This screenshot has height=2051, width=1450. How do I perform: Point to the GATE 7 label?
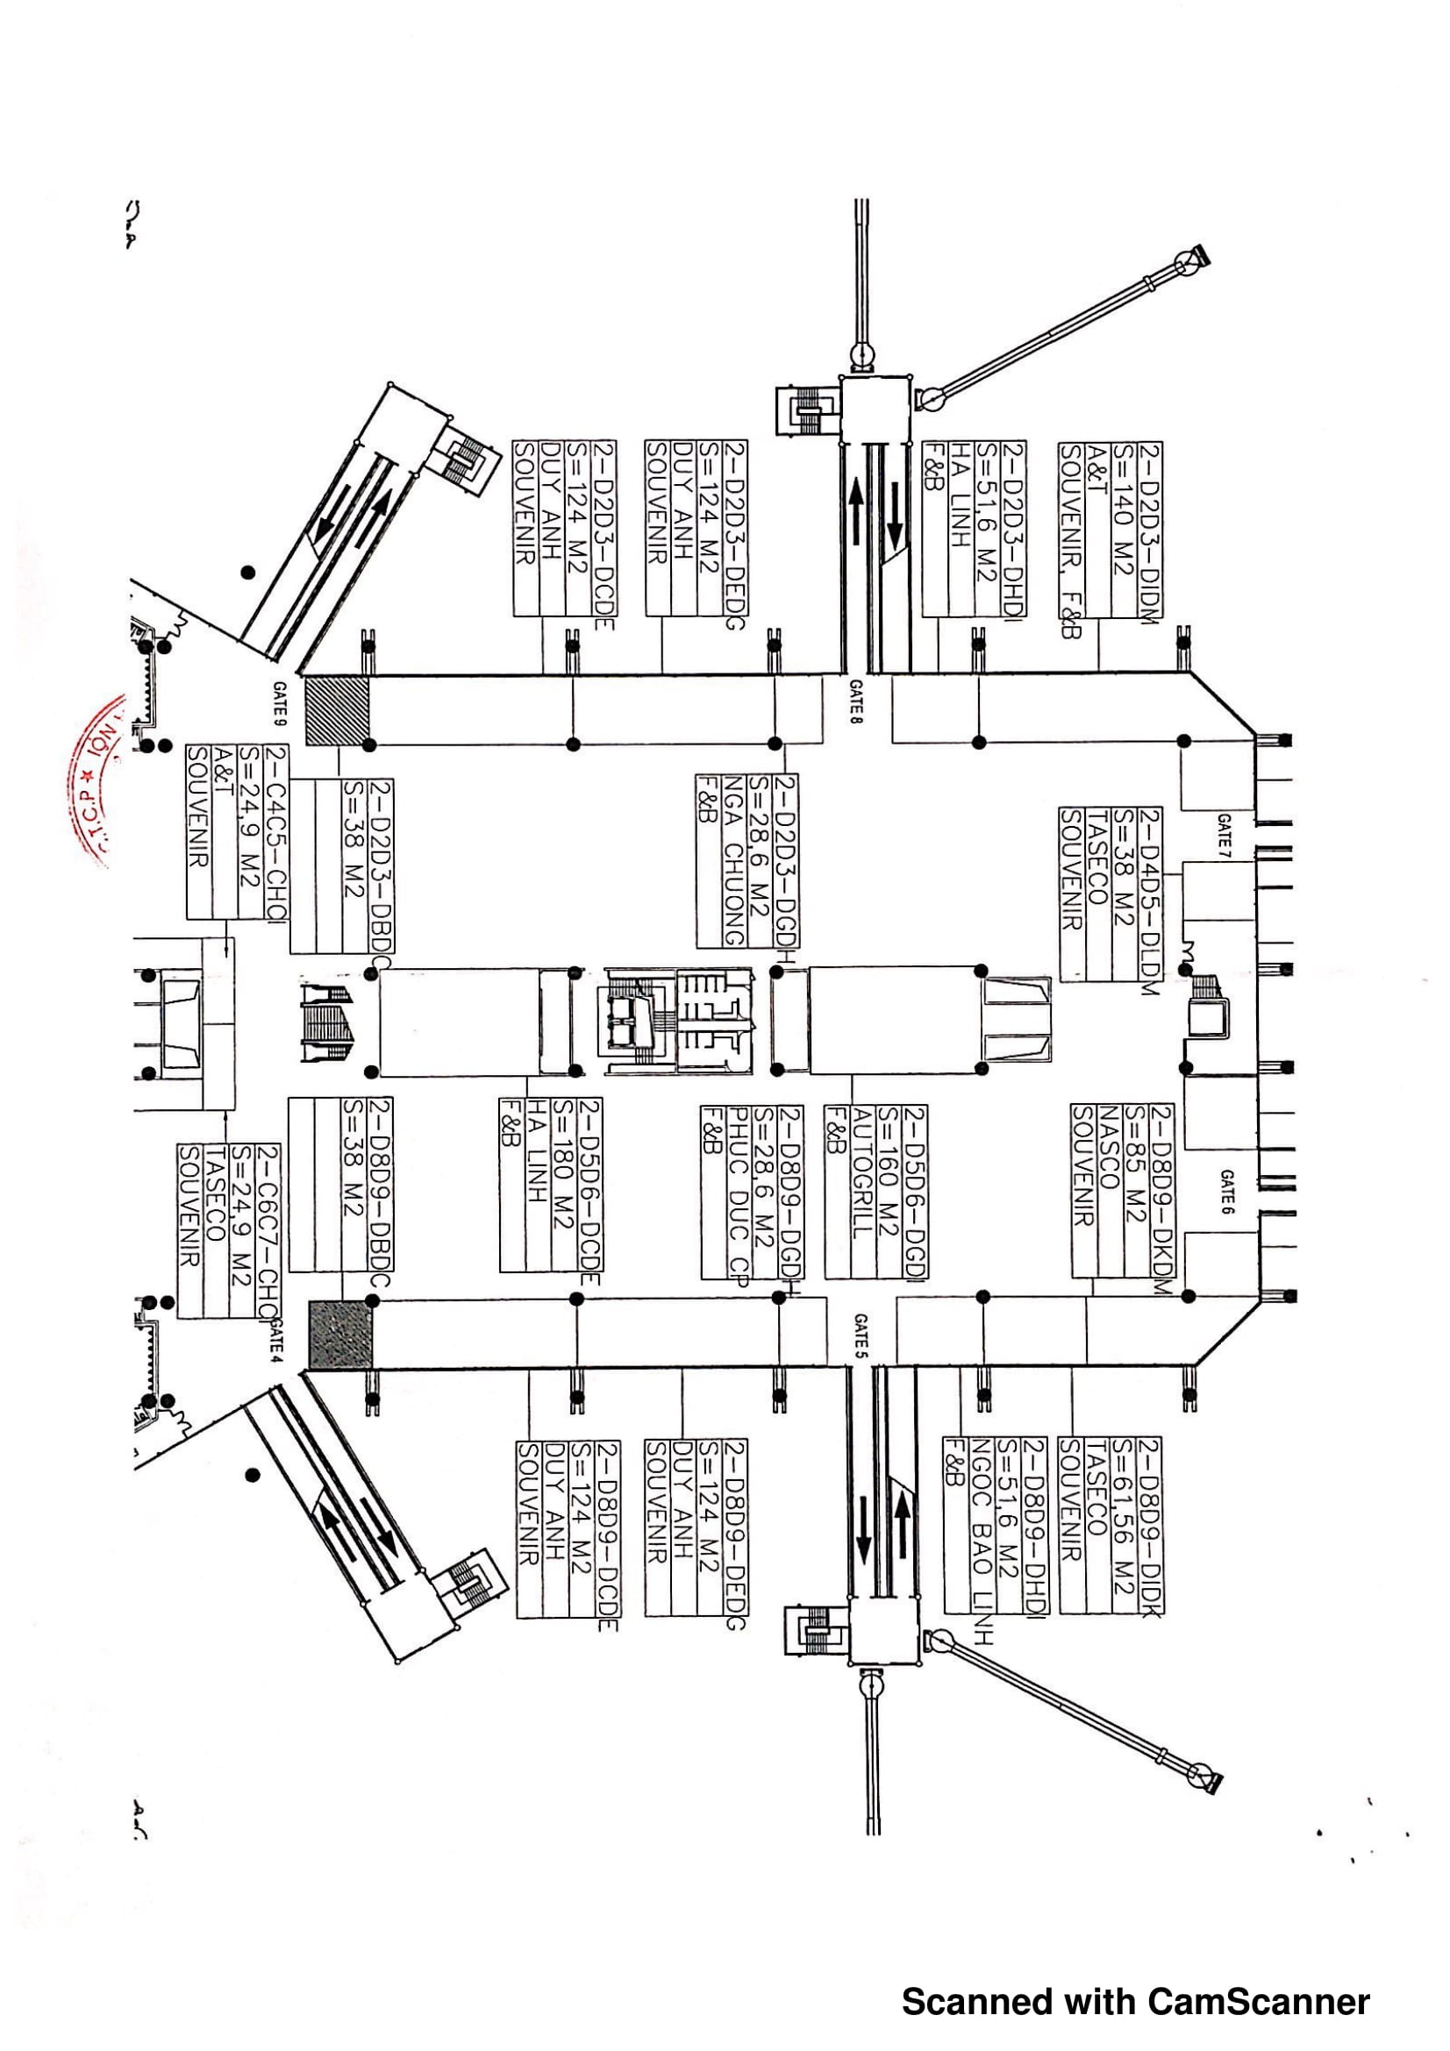tap(1224, 831)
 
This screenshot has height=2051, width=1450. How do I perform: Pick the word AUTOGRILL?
tap(861, 1171)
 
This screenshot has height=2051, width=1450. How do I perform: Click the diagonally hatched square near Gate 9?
tap(338, 710)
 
